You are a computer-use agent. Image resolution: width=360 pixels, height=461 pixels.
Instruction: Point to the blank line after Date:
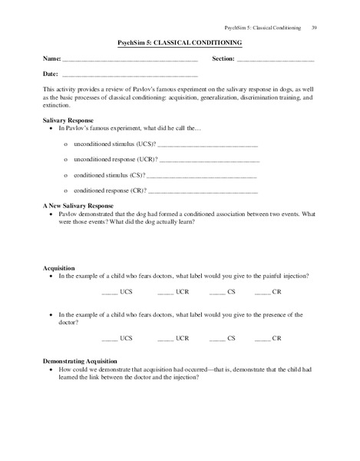pos(129,75)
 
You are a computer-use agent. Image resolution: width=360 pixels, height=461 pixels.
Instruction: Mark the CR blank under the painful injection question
pos(263,294)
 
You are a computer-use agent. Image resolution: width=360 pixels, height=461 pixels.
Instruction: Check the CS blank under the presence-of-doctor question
pos(216,338)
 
